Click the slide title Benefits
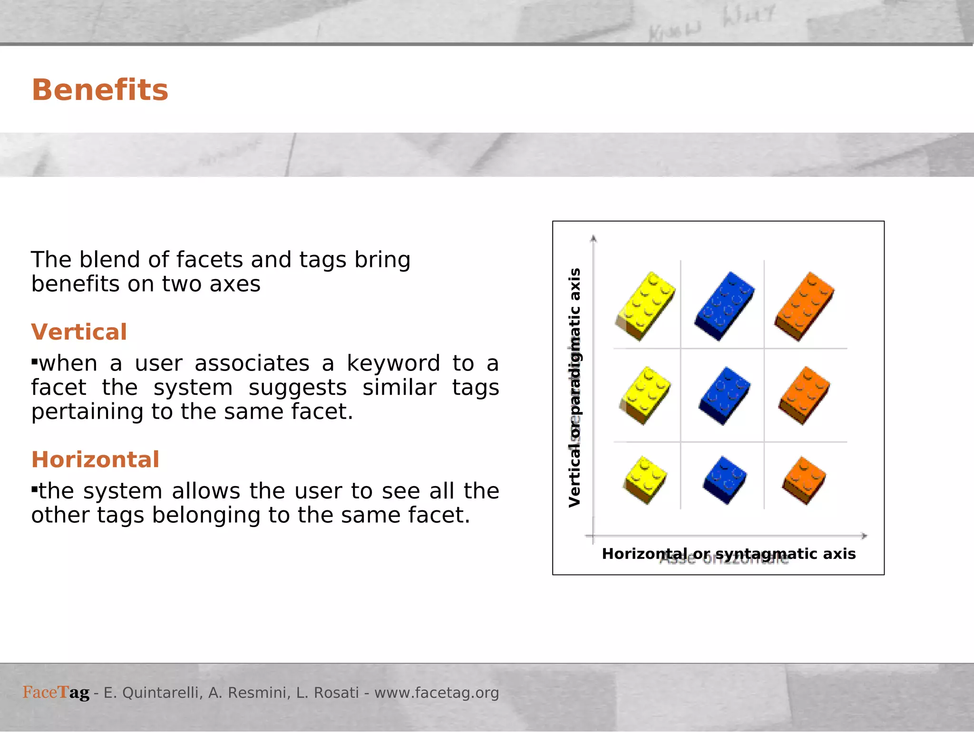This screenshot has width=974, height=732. click(x=100, y=90)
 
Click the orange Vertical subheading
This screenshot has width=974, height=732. click(x=79, y=332)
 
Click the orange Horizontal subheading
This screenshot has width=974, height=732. click(x=95, y=459)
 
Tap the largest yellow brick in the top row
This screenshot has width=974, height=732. click(x=645, y=306)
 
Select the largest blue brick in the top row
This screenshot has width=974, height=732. click(x=724, y=306)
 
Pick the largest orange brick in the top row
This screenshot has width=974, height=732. click(x=804, y=306)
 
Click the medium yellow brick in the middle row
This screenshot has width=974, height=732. click(x=645, y=395)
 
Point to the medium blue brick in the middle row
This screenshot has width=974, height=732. click(x=724, y=395)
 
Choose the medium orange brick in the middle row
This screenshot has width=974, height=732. click(x=804, y=395)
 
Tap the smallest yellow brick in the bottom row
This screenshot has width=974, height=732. click(x=645, y=479)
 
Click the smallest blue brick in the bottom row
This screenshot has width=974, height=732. click(x=724, y=479)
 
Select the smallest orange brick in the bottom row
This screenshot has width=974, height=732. click(x=804, y=479)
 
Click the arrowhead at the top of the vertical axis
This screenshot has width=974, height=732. click(x=593, y=239)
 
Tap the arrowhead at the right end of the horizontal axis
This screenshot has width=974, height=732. click(x=864, y=536)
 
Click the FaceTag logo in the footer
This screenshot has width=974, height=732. click(x=56, y=693)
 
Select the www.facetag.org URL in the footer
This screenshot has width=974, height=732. click(x=437, y=693)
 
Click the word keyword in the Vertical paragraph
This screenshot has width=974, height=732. click(x=393, y=364)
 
